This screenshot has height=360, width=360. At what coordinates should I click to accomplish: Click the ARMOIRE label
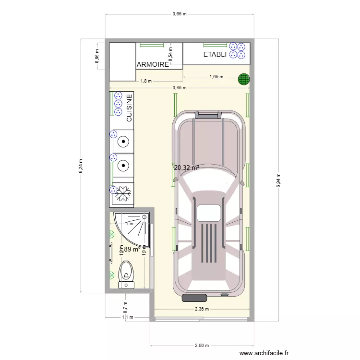(153, 64)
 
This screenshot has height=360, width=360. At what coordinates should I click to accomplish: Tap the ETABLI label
(215, 55)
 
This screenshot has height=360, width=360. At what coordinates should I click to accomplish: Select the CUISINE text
(129, 108)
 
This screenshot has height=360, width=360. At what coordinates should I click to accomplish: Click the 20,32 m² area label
(187, 168)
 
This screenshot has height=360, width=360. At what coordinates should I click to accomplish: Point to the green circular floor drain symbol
(244, 79)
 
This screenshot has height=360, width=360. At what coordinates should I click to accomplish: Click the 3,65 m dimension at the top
(180, 14)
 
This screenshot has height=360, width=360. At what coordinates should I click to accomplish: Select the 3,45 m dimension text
(180, 88)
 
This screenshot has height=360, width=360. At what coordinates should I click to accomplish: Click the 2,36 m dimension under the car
(202, 309)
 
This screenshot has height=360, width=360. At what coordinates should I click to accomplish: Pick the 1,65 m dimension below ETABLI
(216, 77)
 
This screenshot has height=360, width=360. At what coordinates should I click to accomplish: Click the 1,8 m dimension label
(146, 81)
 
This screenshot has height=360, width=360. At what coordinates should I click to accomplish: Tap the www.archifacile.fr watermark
(264, 353)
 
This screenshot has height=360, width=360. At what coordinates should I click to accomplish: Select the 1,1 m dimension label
(127, 317)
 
